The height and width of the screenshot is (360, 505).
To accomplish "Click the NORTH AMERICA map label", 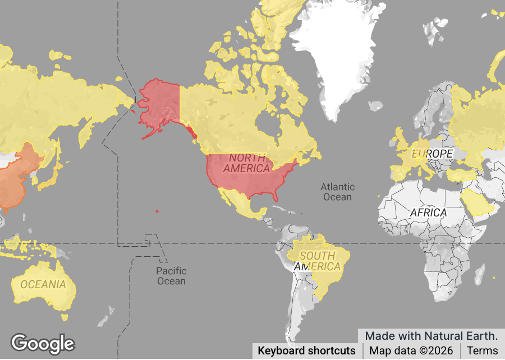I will [246, 163].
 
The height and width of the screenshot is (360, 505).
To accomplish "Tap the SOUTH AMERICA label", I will [317, 261].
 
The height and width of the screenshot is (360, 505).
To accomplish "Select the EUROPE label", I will [432, 154].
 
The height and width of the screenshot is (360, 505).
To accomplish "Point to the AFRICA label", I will [428, 213].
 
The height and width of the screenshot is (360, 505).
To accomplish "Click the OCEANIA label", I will [43, 284].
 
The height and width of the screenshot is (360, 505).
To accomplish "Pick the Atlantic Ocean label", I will [337, 192].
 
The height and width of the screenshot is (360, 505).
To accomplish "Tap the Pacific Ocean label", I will [171, 276].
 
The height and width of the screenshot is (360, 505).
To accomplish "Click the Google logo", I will [43, 343].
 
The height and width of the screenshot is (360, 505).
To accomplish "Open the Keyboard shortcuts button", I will [306, 351].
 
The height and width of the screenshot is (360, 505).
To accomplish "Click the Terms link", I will [482, 351].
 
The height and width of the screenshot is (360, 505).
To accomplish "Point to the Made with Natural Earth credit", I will [431, 336].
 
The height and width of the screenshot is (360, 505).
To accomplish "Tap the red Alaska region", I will [159, 104].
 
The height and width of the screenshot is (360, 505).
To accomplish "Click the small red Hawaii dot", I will [157, 211].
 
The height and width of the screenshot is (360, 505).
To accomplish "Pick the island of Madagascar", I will [480, 275].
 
